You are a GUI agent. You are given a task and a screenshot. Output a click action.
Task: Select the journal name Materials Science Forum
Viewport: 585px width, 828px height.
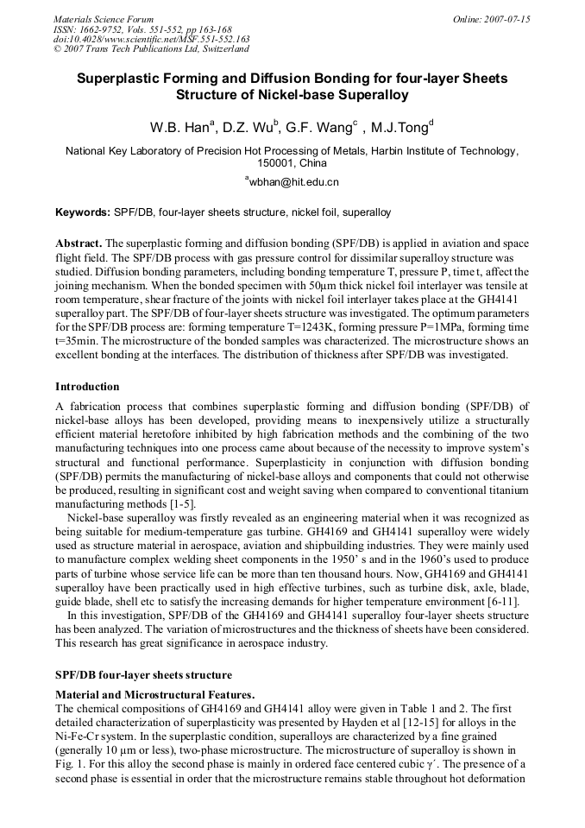pos(104,19)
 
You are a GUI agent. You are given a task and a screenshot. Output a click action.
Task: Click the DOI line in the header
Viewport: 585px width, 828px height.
pos(152,40)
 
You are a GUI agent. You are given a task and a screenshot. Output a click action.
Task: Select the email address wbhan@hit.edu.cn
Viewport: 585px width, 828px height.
pos(293,182)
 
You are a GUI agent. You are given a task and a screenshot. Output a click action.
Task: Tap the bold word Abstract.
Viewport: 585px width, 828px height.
pos(79,244)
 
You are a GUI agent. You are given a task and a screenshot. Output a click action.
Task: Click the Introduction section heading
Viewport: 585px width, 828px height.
pos(87,386)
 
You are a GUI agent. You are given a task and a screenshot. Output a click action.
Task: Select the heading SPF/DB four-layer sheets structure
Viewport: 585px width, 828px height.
pos(144,674)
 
